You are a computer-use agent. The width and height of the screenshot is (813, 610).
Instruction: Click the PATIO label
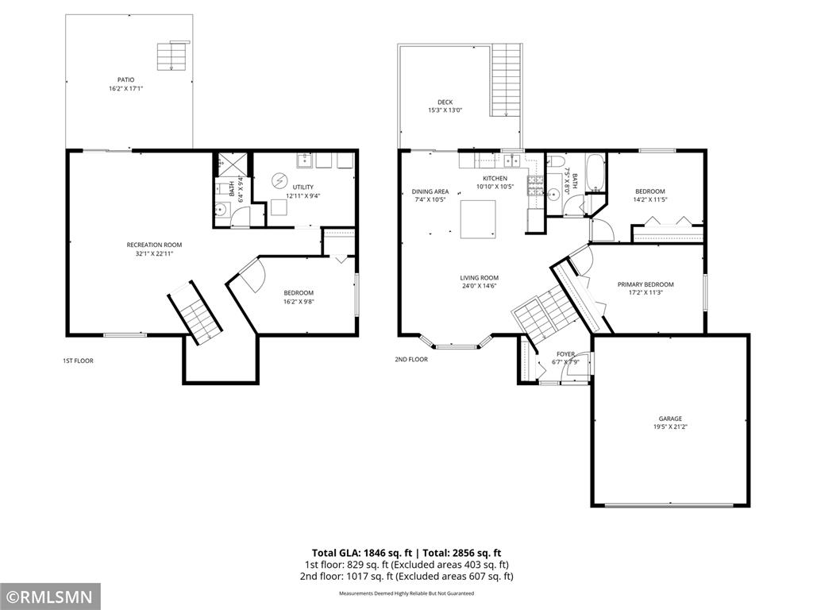pyautogui.click(x=125, y=80)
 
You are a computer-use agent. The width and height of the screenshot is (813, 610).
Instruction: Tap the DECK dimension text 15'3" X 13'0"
pyautogui.click(x=445, y=110)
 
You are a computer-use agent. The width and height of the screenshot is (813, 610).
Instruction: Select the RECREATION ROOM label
pyautogui.click(x=155, y=245)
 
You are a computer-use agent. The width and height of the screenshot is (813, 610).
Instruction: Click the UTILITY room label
pyautogui.click(x=302, y=187)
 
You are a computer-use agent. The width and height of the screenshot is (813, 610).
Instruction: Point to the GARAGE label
pyautogui.click(x=670, y=419)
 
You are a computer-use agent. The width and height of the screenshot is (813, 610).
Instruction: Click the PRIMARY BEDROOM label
pyautogui.click(x=645, y=284)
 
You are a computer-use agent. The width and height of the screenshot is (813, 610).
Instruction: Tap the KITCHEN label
pyautogui.click(x=495, y=179)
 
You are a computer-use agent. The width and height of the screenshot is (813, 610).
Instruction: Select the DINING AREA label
pyautogui.click(x=430, y=191)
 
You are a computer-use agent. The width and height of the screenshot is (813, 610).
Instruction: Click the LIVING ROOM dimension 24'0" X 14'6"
pyautogui.click(x=479, y=286)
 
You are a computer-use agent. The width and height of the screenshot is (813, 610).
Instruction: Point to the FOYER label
pyautogui.click(x=565, y=354)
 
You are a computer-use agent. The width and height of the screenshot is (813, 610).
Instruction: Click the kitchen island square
pyautogui.click(x=478, y=219)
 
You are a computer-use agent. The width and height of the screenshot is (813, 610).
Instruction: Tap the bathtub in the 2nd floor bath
pyautogui.click(x=595, y=172)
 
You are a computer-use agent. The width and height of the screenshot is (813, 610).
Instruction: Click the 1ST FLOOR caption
pyautogui.click(x=78, y=361)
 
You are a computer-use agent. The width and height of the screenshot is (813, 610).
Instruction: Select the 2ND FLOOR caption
pyautogui.click(x=411, y=359)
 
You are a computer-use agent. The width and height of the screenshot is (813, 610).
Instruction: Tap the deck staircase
pyautogui.click(x=506, y=80)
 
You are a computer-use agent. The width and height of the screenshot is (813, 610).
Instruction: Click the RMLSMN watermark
pyautogui.click(x=50, y=596)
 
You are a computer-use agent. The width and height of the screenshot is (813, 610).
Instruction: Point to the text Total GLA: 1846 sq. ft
pyautogui.click(x=362, y=553)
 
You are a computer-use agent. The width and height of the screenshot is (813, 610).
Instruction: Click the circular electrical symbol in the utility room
pyautogui.click(x=279, y=180)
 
